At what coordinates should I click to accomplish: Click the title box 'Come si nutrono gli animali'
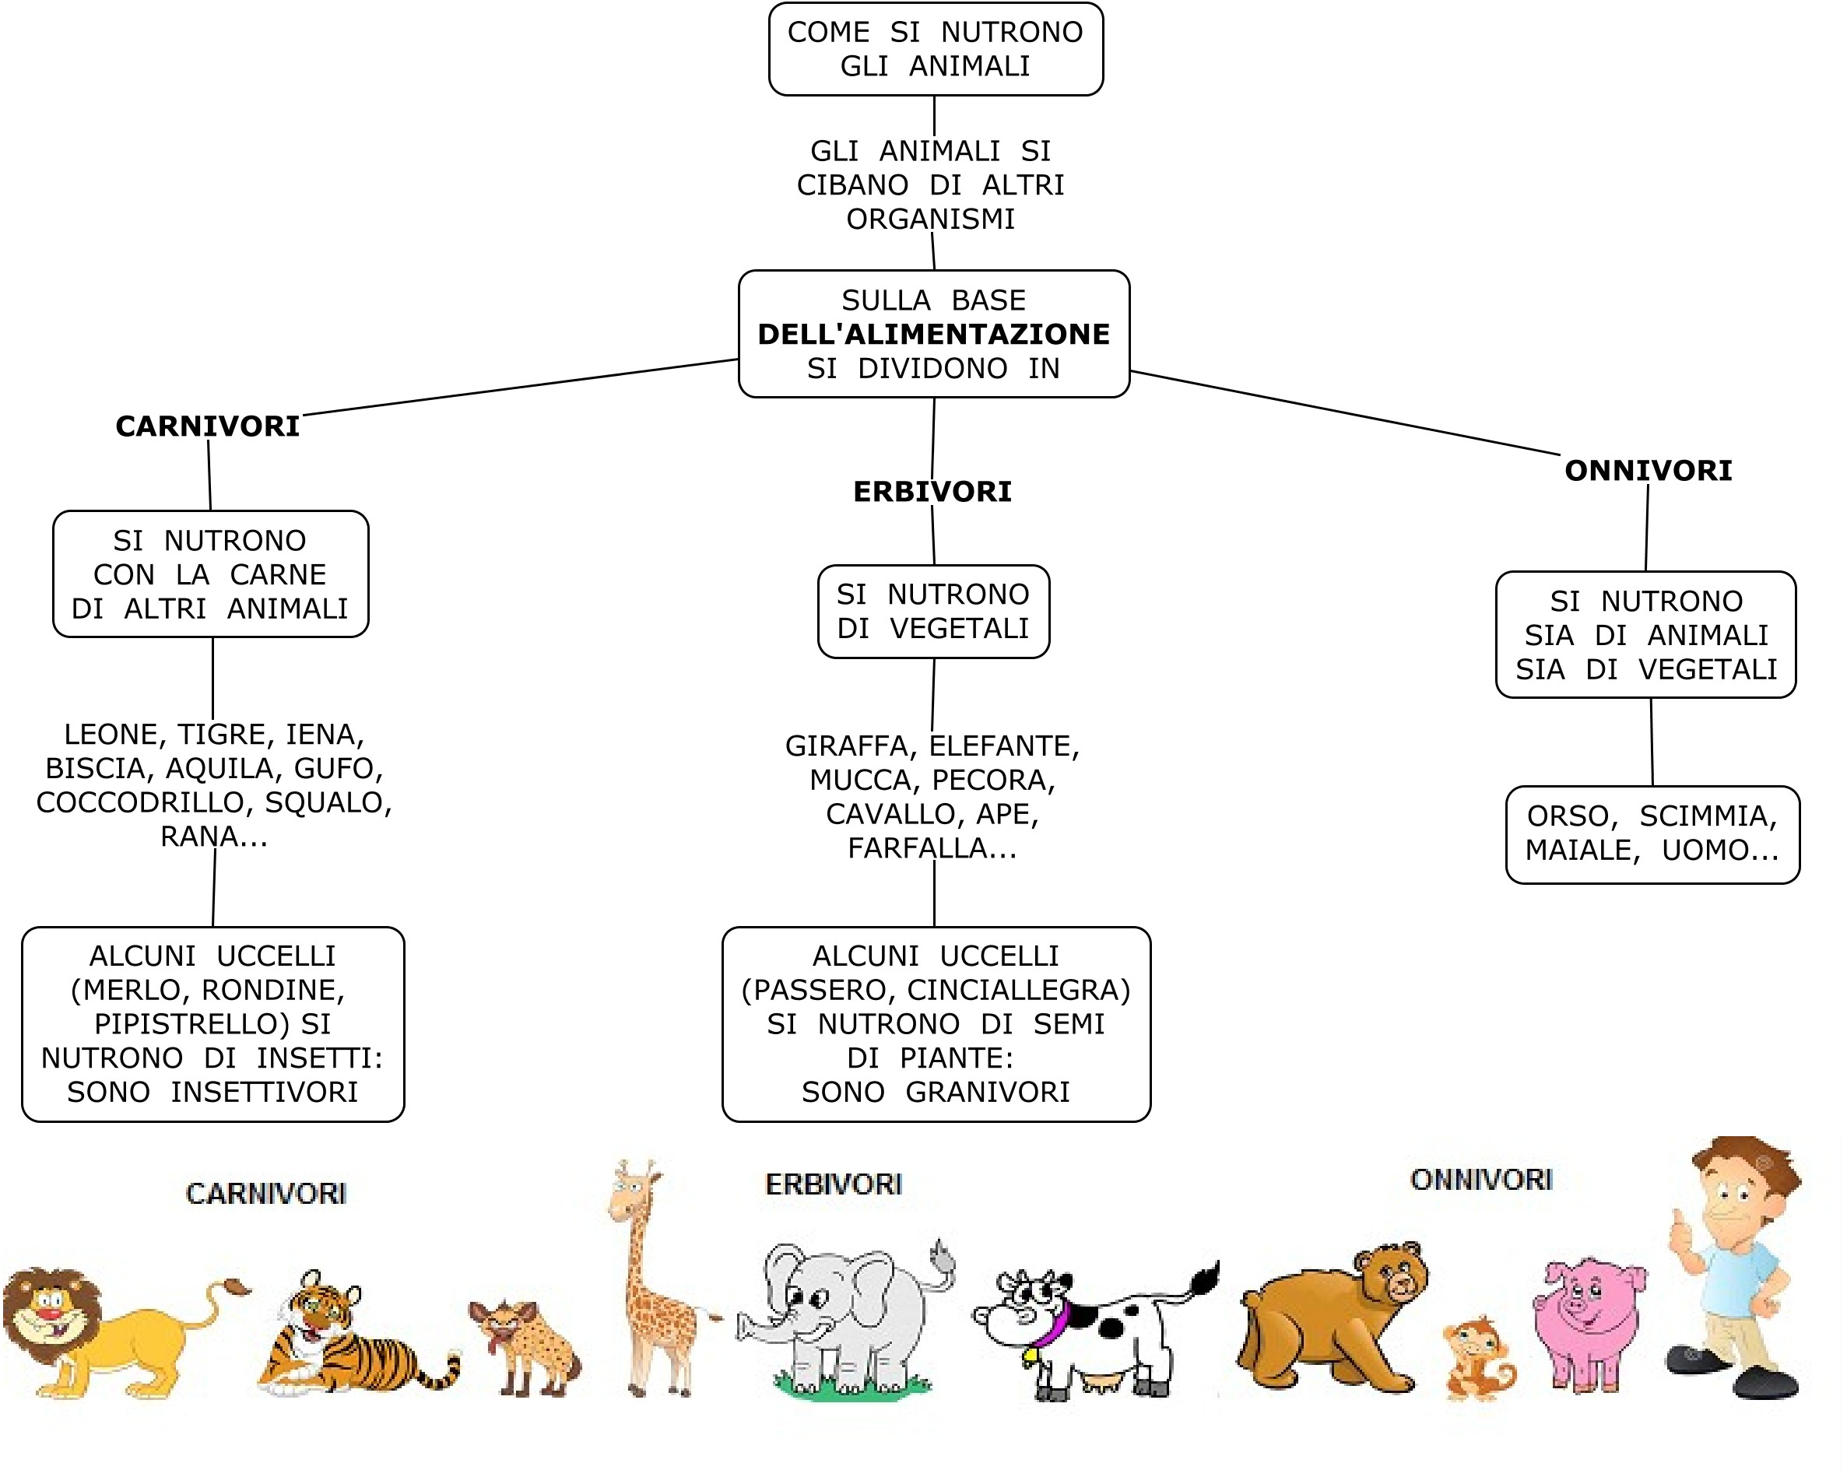pos(936,49)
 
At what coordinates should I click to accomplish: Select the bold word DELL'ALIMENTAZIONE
pos(934,334)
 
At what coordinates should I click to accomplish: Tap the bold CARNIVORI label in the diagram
pos(207,426)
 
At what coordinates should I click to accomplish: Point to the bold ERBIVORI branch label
pos(932,492)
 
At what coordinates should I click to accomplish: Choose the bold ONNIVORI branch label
pos(1648,470)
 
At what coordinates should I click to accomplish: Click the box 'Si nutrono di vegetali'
pos(933,612)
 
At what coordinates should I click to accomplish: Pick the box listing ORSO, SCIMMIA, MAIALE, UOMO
pos(1652,833)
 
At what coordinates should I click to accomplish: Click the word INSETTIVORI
pos(264,1093)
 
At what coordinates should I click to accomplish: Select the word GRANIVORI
pos(988,1093)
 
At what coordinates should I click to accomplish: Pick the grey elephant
pos(844,1319)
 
